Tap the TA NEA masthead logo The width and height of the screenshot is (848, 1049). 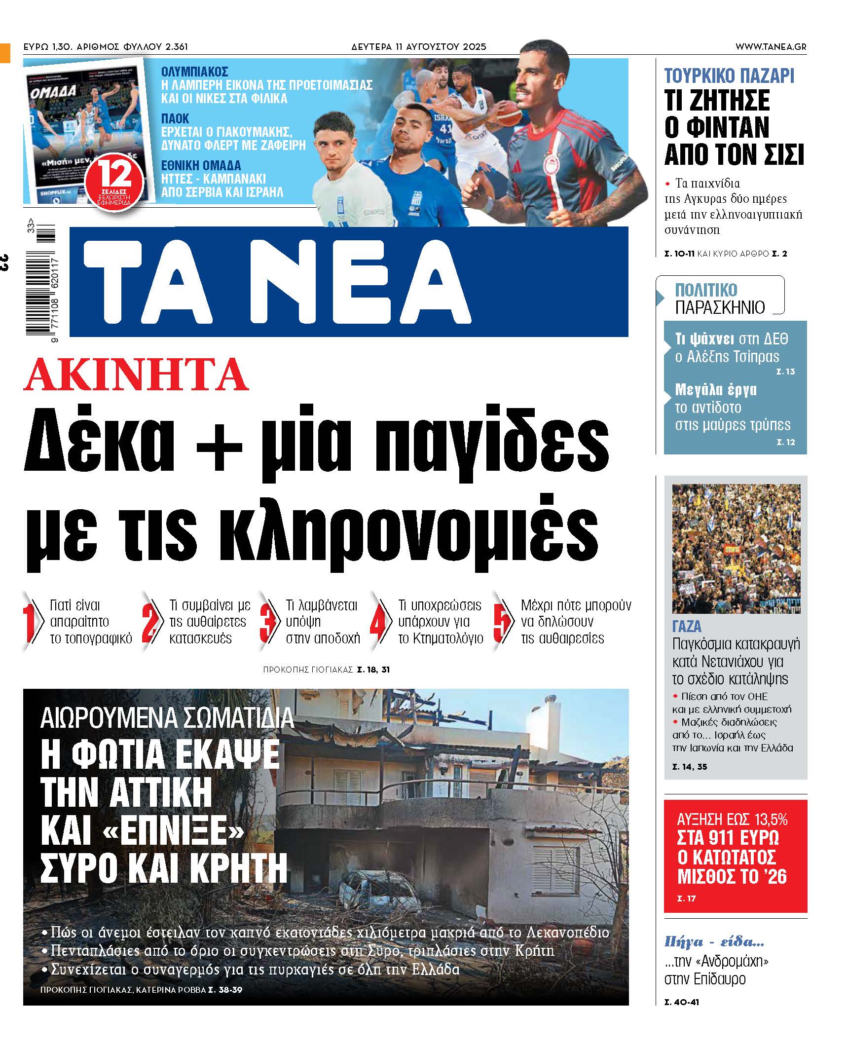(x=276, y=282)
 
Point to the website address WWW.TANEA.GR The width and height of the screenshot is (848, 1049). (x=771, y=47)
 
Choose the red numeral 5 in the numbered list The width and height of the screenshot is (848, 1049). (x=502, y=622)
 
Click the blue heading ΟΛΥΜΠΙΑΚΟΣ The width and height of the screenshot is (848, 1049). (x=194, y=72)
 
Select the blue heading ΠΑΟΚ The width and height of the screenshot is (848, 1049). (x=175, y=119)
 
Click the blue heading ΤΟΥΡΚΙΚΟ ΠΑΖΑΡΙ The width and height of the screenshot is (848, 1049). (x=729, y=76)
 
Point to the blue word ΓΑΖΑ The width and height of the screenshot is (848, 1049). (x=687, y=627)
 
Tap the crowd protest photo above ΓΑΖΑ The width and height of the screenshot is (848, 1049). (x=736, y=548)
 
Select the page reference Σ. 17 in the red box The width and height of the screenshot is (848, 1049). (x=687, y=899)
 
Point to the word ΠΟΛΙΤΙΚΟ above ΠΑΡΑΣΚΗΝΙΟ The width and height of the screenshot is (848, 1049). (x=706, y=290)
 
